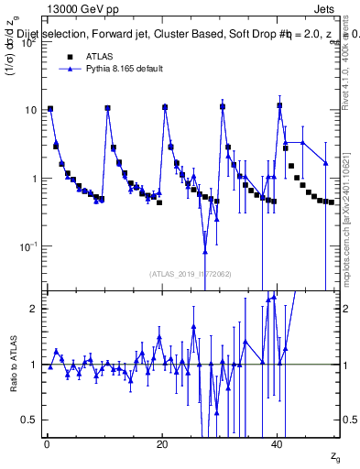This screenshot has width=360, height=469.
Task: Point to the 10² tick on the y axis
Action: [x=28, y=43]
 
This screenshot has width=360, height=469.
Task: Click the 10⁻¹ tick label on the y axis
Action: [x=28, y=247]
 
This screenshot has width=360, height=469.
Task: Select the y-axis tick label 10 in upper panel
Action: [x=30, y=111]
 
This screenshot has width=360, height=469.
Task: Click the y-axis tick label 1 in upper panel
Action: [x=33, y=179]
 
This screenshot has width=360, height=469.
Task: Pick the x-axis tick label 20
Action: [x=161, y=443]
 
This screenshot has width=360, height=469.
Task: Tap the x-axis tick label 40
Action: [x=278, y=443]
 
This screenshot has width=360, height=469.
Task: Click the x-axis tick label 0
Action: [x=46, y=443]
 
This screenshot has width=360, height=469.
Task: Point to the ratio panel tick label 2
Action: [x=33, y=309]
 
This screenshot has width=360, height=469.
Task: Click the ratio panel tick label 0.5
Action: [x=29, y=420]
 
